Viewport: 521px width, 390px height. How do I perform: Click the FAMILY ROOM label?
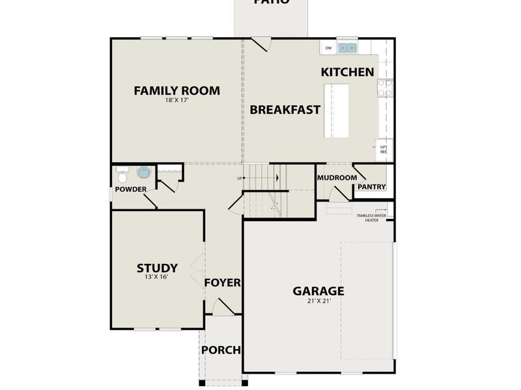click(x=176, y=90)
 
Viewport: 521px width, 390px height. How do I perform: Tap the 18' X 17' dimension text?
click(x=176, y=101)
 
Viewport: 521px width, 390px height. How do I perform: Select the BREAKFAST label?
click(x=285, y=109)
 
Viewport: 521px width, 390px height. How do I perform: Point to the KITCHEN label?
click(x=348, y=72)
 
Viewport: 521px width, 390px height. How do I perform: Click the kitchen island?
click(x=337, y=110)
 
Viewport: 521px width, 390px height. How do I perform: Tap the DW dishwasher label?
click(x=328, y=48)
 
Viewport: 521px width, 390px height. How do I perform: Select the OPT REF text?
click(x=384, y=149)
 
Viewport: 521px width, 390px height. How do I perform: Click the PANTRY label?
click(x=372, y=187)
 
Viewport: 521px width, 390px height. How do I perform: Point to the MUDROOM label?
click(x=337, y=177)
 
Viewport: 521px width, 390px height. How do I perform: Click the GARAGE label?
click(x=318, y=291)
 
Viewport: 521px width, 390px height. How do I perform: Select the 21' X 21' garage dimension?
click(x=318, y=302)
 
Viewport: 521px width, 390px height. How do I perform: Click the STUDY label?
click(x=157, y=267)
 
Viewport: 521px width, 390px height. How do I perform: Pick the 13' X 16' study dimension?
click(x=157, y=278)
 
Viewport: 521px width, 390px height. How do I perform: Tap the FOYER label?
click(x=223, y=283)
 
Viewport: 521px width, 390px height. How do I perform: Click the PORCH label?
click(x=221, y=350)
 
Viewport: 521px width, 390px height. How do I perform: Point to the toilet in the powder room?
click(x=122, y=174)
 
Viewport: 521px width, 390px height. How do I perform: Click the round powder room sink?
click(x=143, y=172)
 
